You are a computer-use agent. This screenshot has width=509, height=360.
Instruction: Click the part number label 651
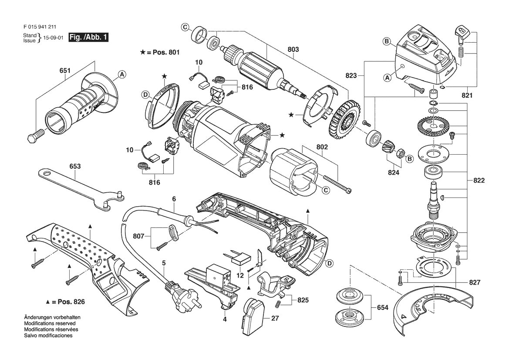tap(65, 71)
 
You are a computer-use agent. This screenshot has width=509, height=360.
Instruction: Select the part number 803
tap(293, 49)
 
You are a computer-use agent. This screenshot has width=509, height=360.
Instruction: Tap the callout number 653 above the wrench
tap(74, 166)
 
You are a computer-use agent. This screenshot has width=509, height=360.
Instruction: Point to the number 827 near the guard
tap(475, 282)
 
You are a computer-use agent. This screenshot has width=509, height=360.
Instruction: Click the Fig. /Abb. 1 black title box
tap(88, 37)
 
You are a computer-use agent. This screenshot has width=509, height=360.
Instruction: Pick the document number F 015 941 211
tap(37, 27)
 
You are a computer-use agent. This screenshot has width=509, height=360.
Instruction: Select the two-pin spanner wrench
tap(81, 189)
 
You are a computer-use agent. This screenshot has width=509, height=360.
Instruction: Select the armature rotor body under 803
tap(258, 69)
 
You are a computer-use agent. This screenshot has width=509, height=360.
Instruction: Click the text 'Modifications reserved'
tap(50, 323)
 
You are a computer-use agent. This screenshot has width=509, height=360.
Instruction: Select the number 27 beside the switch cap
tap(275, 318)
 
